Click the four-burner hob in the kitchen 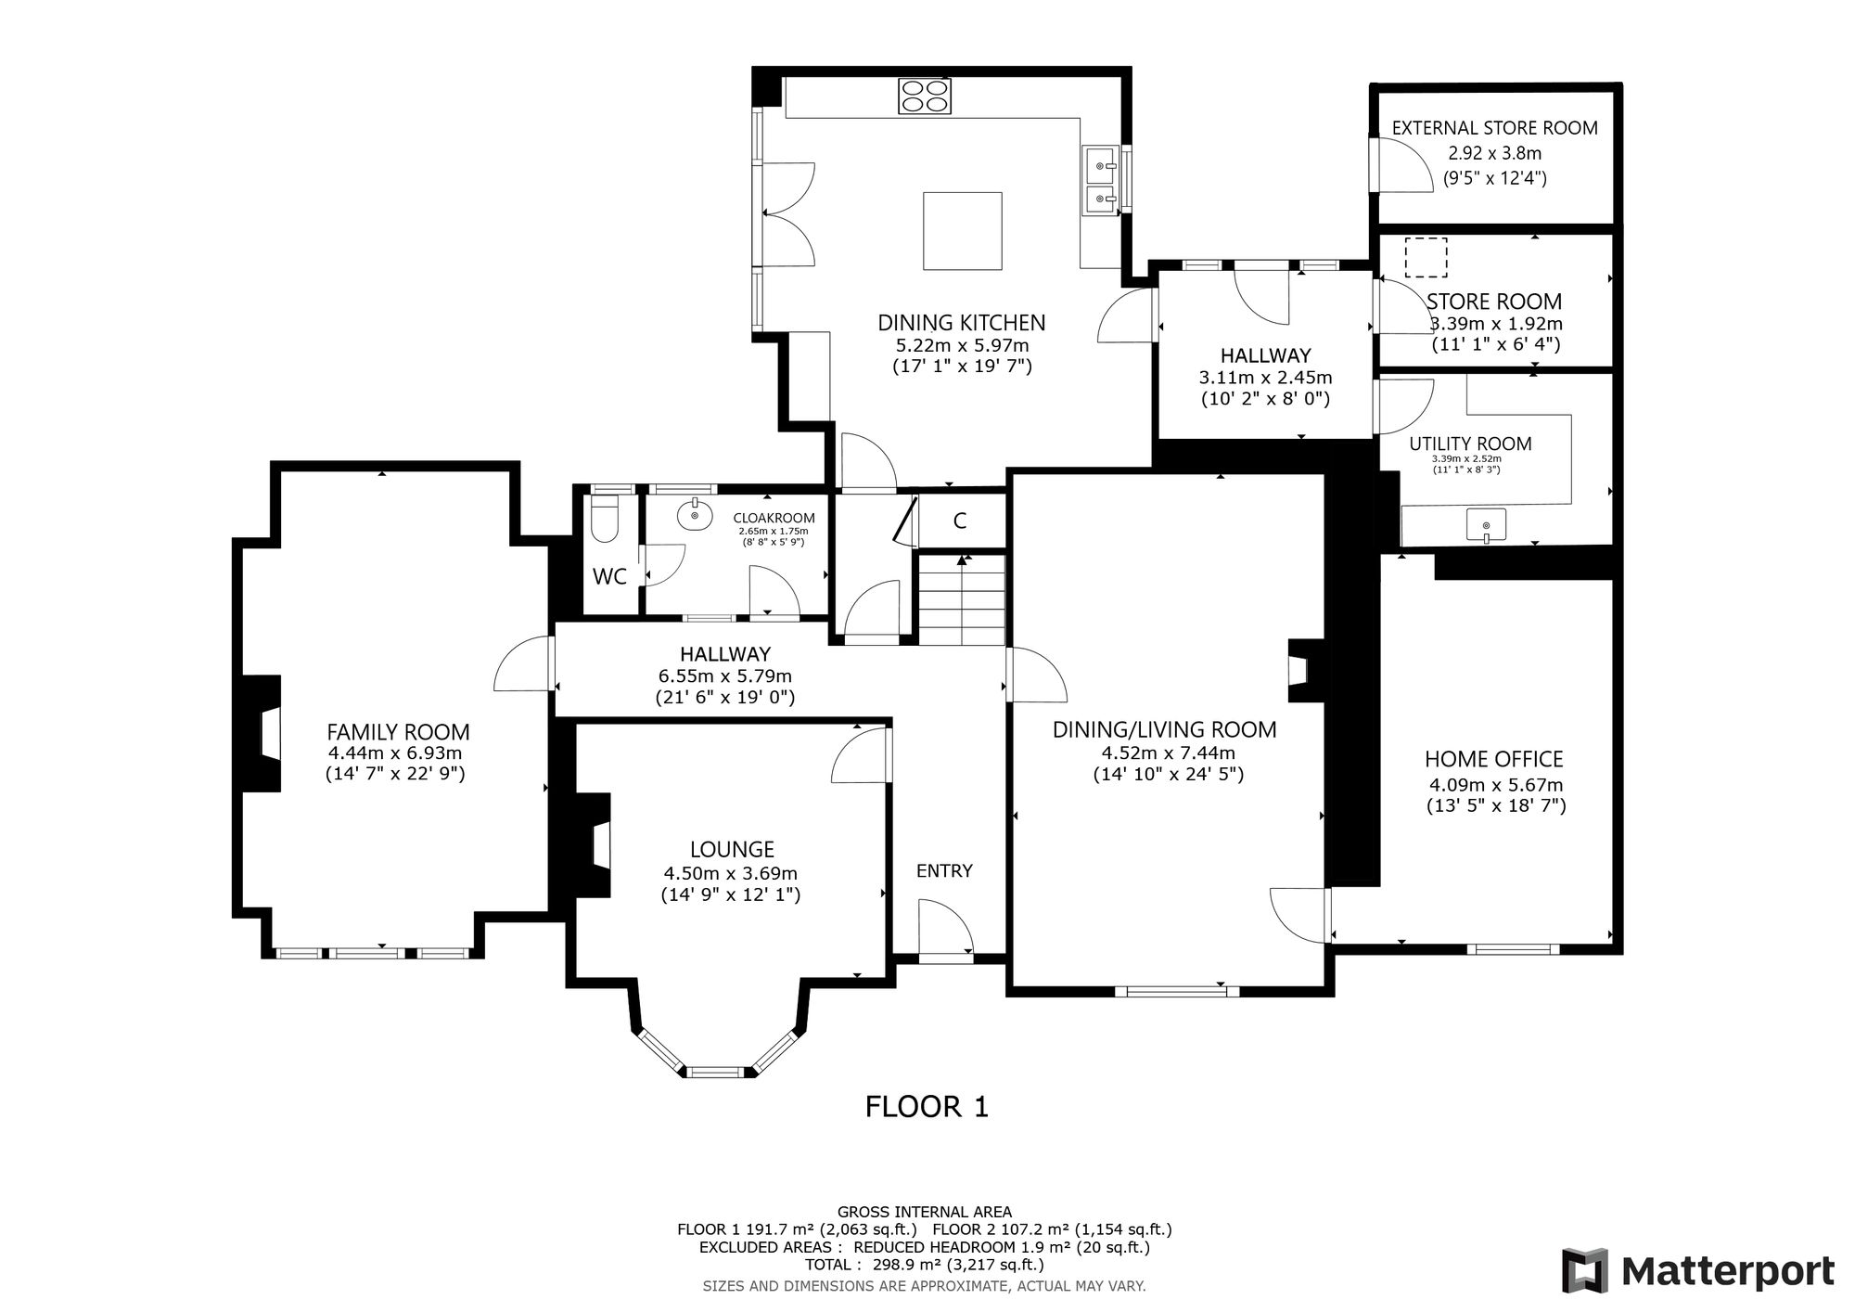pyautogui.click(x=925, y=96)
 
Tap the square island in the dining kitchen pyautogui.click(x=963, y=231)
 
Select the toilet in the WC pyautogui.click(x=605, y=519)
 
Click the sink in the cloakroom pyautogui.click(x=693, y=514)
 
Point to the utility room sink pyautogui.click(x=1486, y=525)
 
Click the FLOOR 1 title pyautogui.click(x=927, y=1107)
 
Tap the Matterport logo pyautogui.click(x=1698, y=1270)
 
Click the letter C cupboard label pyautogui.click(x=960, y=521)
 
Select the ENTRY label pyautogui.click(x=944, y=870)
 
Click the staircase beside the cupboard pyautogui.click(x=962, y=599)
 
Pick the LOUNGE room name pyautogui.click(x=732, y=849)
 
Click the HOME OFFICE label pyautogui.click(x=1494, y=759)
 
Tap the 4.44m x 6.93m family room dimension pyautogui.click(x=395, y=754)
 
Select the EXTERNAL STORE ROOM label pyautogui.click(x=1495, y=128)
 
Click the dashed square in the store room pyautogui.click(x=1426, y=257)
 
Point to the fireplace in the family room pyautogui.click(x=262, y=733)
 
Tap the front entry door pyautogui.click(x=945, y=927)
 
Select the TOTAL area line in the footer pyautogui.click(x=924, y=1265)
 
